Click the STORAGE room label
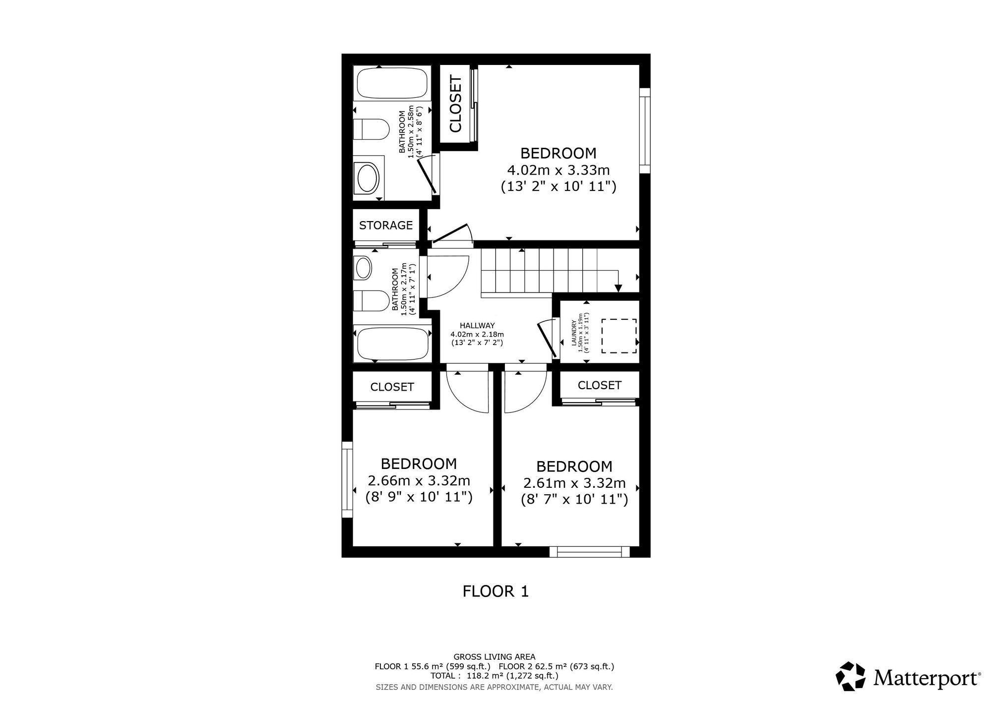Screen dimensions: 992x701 point(386,226)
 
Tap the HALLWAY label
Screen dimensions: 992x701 point(477,326)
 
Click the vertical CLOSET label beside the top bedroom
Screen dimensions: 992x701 point(455,104)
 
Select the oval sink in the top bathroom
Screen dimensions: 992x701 point(368,178)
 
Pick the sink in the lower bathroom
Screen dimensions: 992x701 point(364,268)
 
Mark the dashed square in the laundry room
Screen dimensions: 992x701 point(619,336)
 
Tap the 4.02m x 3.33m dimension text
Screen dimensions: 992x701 point(558,171)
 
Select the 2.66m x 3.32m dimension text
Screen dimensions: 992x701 point(419,481)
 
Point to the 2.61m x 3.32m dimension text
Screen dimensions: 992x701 point(574,483)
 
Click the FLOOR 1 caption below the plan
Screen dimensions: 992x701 point(496,591)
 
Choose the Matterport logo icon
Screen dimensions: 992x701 point(851,676)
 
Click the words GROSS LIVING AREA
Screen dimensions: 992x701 point(495,657)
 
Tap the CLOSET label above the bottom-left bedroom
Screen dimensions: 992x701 point(392,387)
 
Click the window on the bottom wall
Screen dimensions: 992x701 point(589,552)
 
